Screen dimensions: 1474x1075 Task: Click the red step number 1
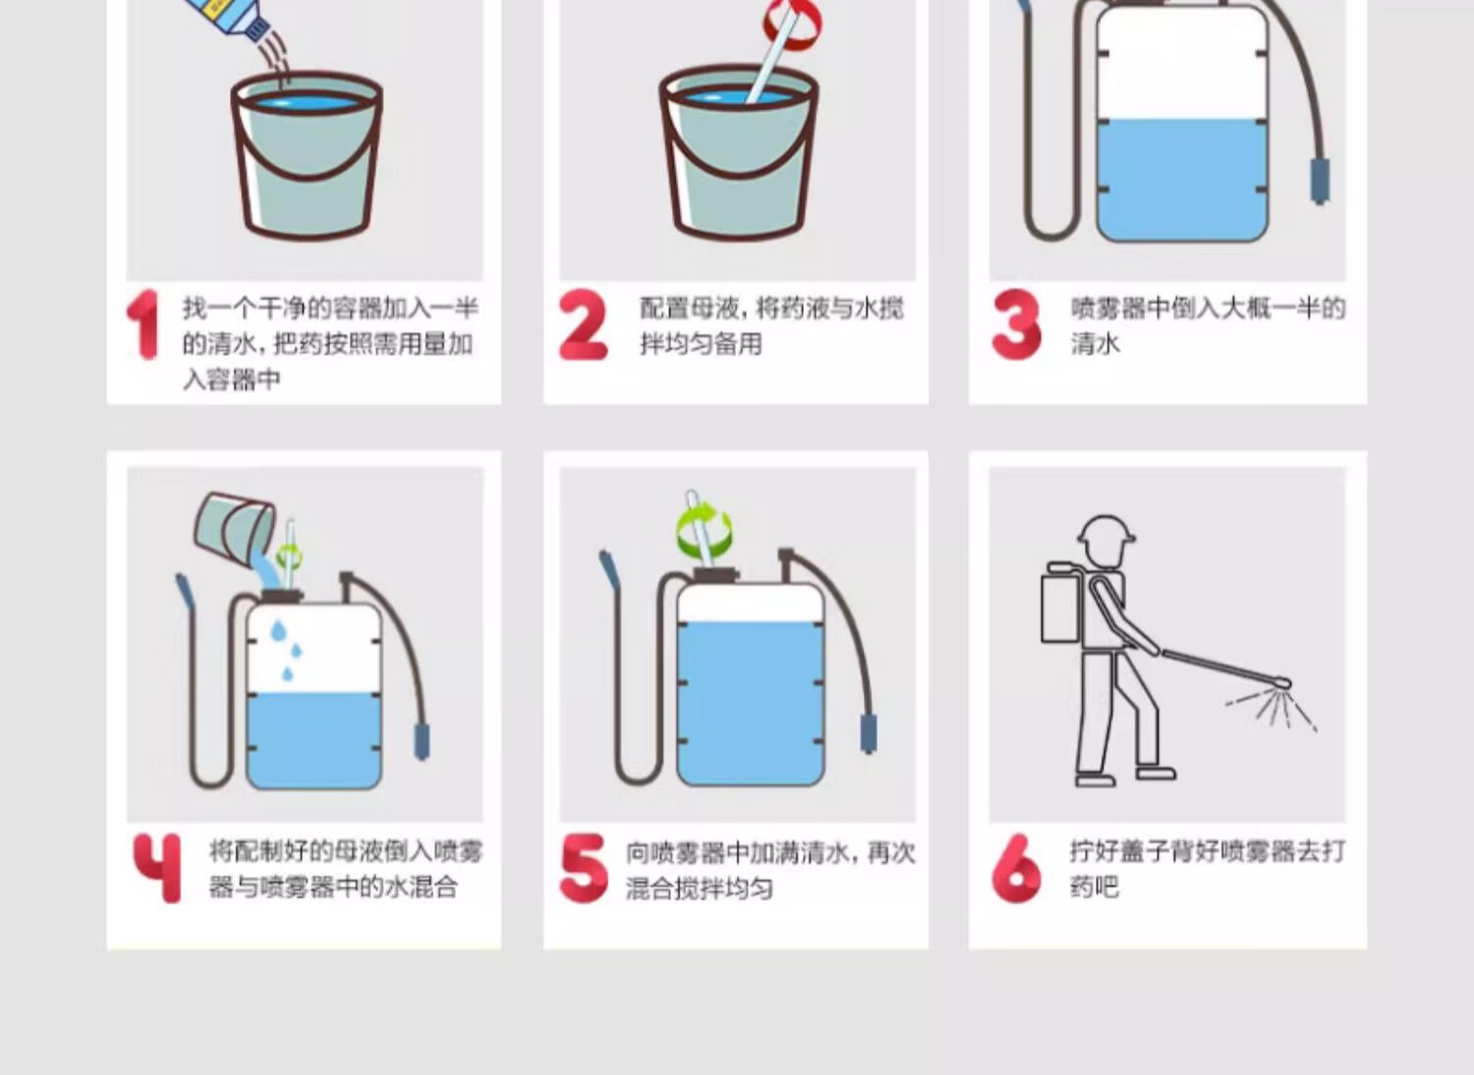pos(144,324)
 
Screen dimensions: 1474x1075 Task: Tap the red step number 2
pos(583,325)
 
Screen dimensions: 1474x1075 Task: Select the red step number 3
pos(1016,324)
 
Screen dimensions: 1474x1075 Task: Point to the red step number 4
pos(157,868)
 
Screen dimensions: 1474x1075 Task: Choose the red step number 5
pos(583,868)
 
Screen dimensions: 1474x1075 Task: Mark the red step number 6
pos(1016,868)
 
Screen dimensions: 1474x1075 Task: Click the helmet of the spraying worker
pos(1105,531)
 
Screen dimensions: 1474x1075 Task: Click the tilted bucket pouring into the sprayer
pos(235,527)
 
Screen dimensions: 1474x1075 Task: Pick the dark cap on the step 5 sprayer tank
pos(716,574)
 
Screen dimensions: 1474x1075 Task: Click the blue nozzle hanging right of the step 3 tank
pos(1320,181)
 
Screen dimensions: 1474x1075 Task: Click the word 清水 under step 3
pos(1095,343)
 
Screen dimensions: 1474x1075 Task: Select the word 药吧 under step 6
pos(1095,887)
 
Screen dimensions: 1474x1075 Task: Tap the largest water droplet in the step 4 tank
pos(279,630)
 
